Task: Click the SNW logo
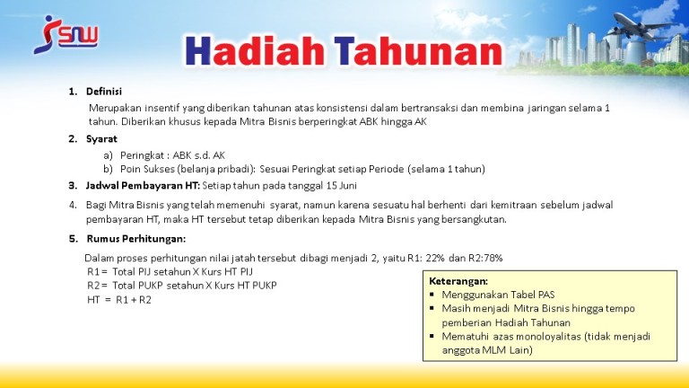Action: coord(65,35)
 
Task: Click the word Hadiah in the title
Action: coord(255,51)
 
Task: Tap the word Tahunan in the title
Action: coord(418,51)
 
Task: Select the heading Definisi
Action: coord(104,92)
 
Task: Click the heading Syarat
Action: coord(101,139)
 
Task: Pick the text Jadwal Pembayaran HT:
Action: coord(143,186)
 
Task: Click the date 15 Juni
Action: coord(342,186)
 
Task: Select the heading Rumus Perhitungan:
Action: coord(136,239)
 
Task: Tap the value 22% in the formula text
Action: coord(435,259)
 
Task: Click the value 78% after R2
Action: coord(493,259)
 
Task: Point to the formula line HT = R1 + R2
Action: coord(119,300)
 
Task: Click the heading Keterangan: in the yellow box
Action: coord(458,281)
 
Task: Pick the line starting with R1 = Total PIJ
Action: coord(170,272)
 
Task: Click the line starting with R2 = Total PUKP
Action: coord(182,286)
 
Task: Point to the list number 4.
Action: coord(73,205)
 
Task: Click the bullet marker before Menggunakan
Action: coord(432,295)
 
